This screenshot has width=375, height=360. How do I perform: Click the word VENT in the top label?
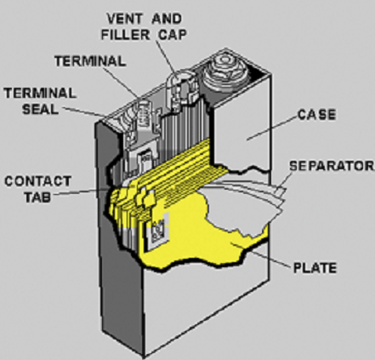125,19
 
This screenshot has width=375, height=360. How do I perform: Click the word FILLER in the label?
125,35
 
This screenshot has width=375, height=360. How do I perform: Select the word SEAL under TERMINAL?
40,109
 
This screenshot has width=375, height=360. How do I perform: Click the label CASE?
316,115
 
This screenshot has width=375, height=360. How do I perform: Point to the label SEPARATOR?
332,166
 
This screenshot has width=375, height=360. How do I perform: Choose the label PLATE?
315,268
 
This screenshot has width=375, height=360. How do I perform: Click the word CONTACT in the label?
37,181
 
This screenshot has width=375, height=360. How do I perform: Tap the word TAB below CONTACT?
37,197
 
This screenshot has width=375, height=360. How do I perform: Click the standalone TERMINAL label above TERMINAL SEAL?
90,61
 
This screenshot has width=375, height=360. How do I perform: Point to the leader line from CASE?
272,128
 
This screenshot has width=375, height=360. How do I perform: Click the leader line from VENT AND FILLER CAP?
167,58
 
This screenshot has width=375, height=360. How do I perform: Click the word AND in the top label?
167,19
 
